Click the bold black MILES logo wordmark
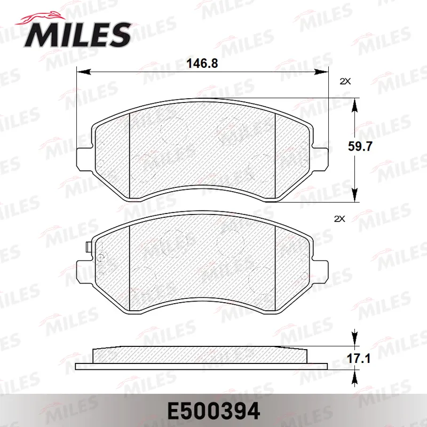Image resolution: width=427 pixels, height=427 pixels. (x=77, y=35)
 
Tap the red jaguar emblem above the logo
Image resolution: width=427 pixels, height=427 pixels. (x=41, y=18)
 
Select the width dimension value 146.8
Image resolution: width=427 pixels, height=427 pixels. (x=202, y=64)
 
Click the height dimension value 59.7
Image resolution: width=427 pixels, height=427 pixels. (x=360, y=146)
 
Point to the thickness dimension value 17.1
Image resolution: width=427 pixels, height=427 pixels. (x=358, y=359)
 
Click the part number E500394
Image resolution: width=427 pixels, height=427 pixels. (x=214, y=411)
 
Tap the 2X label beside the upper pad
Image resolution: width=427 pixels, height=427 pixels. (x=345, y=81)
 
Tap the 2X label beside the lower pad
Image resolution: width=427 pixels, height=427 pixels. (x=339, y=219)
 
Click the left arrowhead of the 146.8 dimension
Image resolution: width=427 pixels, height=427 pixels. (x=84, y=72)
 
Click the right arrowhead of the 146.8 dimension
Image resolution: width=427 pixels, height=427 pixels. (x=322, y=72)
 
